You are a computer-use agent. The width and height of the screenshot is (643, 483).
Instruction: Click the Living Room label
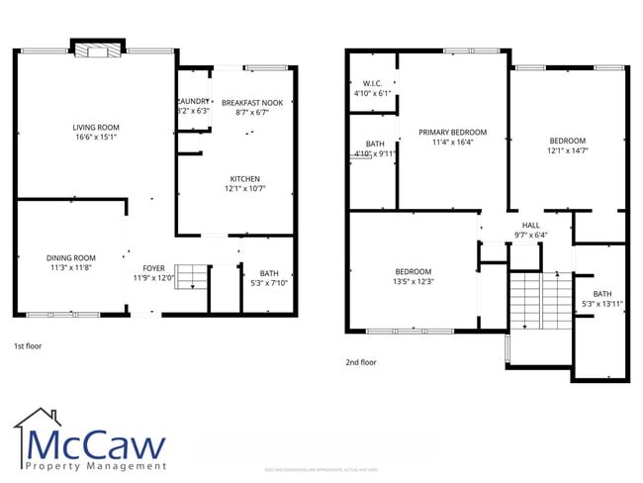(x=95, y=128)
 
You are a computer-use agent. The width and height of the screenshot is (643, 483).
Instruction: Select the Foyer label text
(x=153, y=268)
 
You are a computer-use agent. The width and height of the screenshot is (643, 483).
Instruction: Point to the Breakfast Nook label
(x=251, y=103)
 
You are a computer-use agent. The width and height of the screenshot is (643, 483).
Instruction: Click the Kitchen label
(x=244, y=179)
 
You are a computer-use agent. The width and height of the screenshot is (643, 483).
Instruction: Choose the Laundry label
(x=193, y=102)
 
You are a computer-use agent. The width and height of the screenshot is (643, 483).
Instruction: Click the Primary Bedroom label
(x=452, y=132)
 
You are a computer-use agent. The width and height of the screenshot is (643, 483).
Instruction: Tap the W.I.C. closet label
(x=372, y=83)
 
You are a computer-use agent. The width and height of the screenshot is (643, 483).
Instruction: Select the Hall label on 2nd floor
(x=531, y=225)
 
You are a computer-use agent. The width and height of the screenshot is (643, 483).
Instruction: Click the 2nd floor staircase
(x=538, y=302)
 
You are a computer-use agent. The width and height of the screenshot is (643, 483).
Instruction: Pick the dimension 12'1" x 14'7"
(x=567, y=151)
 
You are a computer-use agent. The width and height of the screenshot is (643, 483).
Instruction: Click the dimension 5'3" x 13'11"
(x=602, y=305)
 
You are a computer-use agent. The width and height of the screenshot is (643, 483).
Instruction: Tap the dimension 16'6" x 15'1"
(x=95, y=139)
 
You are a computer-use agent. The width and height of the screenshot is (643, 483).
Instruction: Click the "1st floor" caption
(x=29, y=347)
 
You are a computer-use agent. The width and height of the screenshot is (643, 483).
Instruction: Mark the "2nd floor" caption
(x=361, y=362)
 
